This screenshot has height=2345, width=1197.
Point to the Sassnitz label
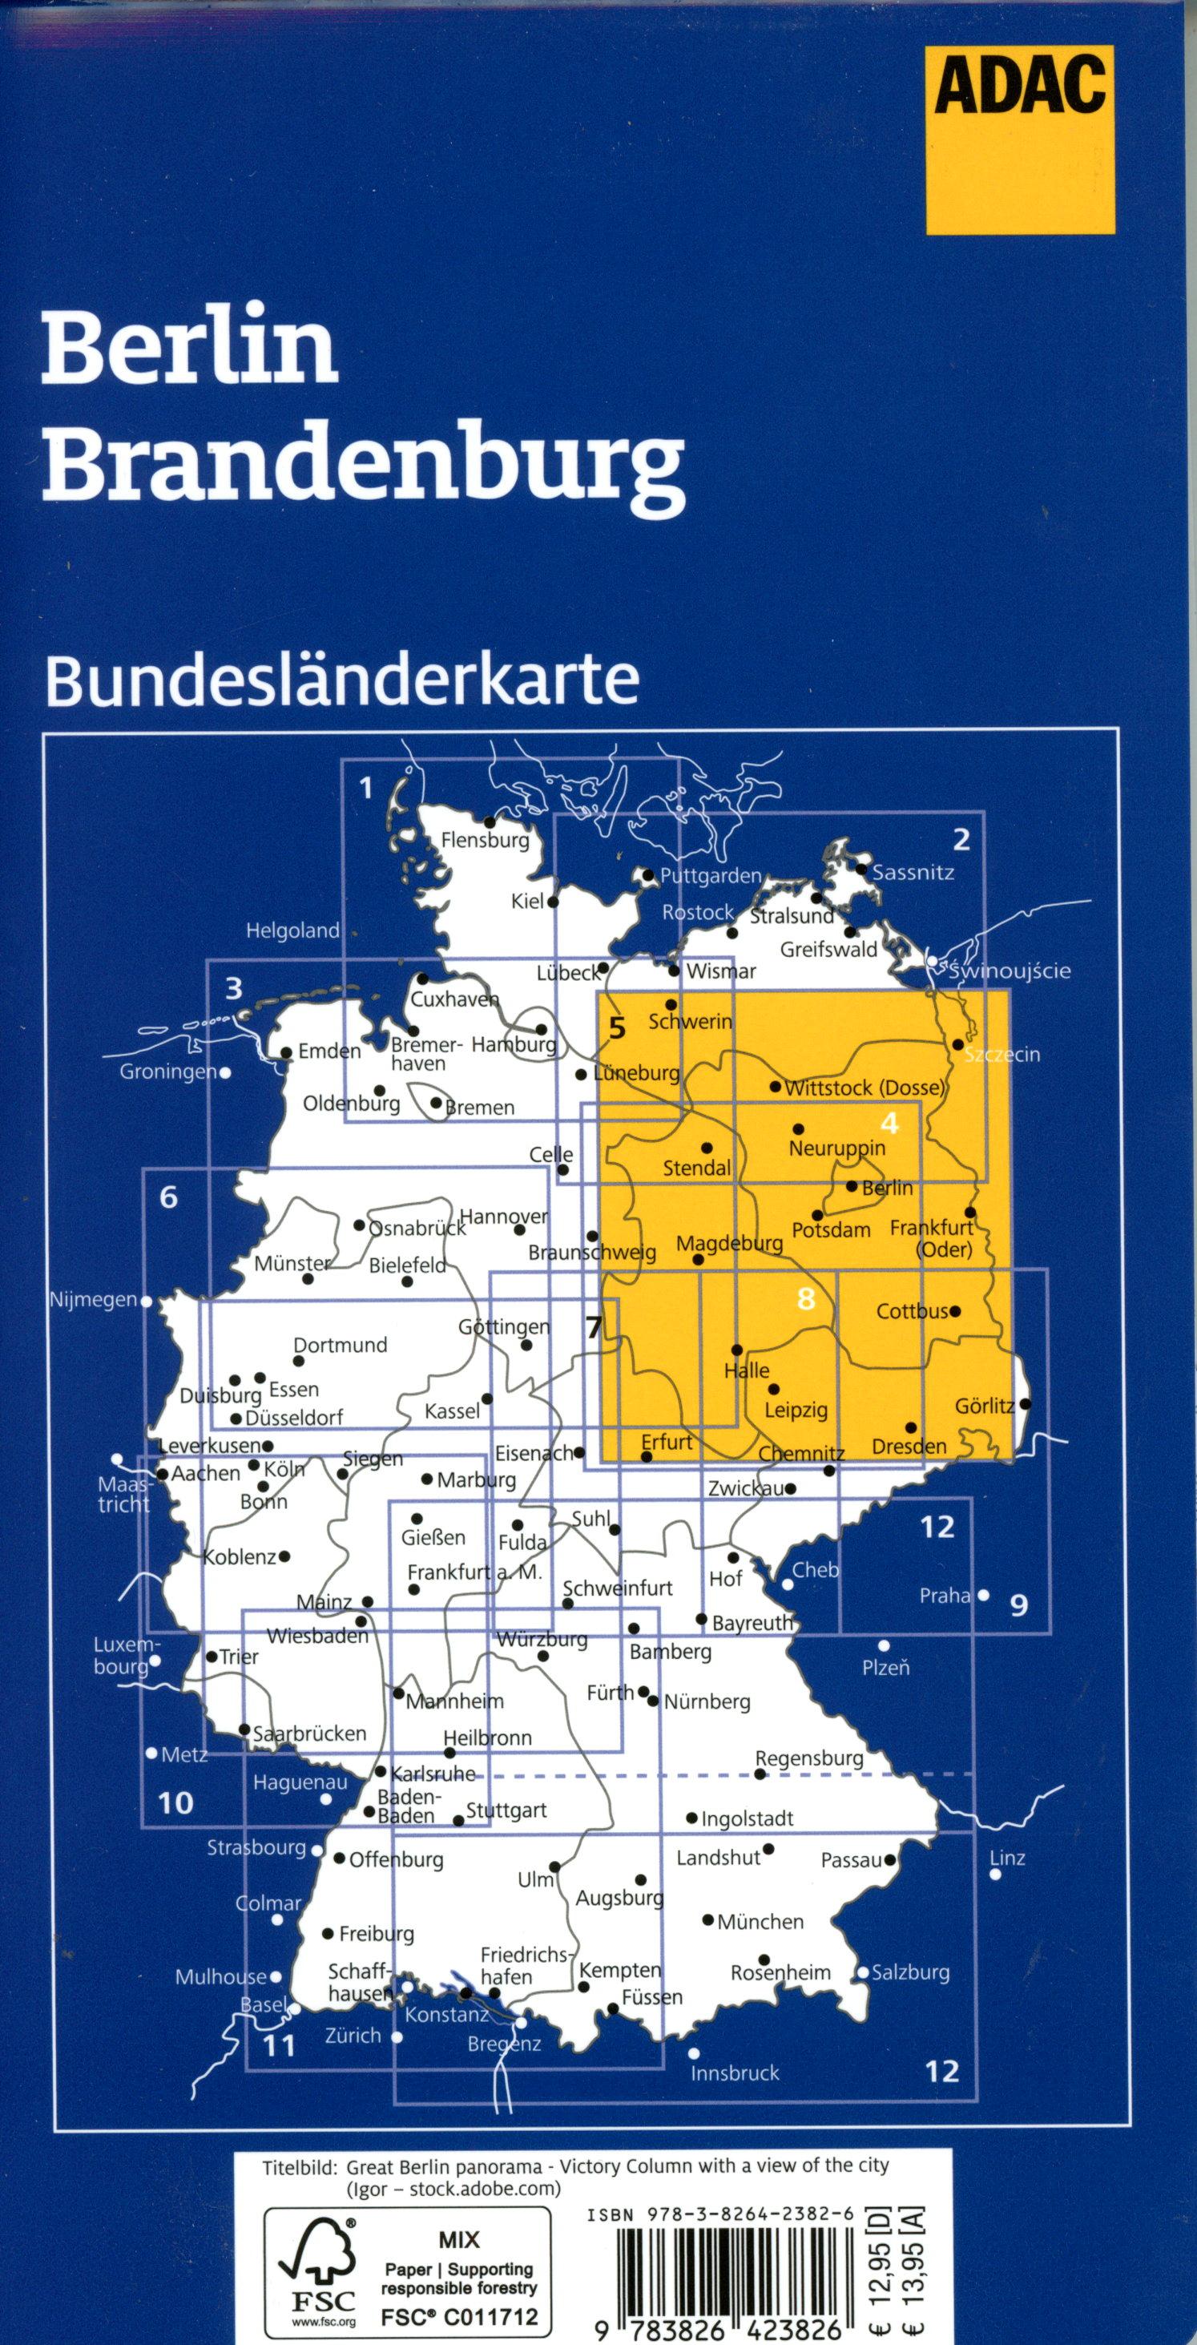[x=913, y=873]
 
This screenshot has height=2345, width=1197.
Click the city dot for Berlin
[x=851, y=1186]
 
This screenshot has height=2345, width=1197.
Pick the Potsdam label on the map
[x=831, y=1230]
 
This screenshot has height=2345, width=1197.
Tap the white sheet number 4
[x=889, y=1124]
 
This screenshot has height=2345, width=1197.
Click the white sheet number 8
[x=804, y=1299]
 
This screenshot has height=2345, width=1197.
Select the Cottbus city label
[x=911, y=1312]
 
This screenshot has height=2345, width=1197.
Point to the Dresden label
[x=909, y=1446]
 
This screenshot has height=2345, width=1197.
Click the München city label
[x=760, y=1922]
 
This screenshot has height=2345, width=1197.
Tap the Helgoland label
[x=292, y=931]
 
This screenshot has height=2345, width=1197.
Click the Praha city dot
[x=983, y=1596]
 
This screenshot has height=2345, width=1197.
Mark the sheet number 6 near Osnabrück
[x=168, y=1197]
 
